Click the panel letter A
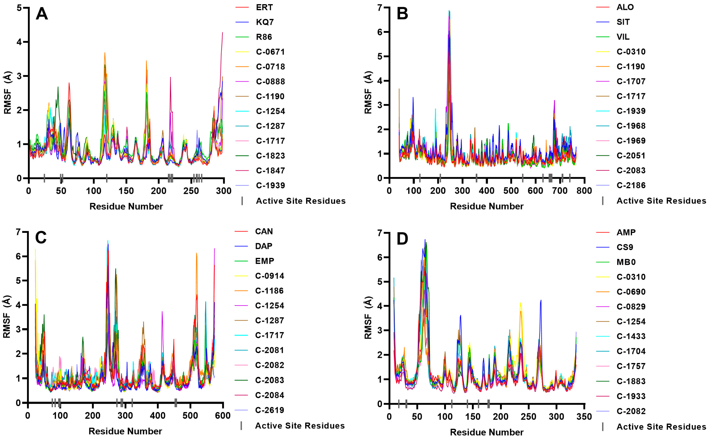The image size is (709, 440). point(42,14)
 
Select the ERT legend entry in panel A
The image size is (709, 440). point(264,7)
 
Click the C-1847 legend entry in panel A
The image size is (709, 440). point(270,171)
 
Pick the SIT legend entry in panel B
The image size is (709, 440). point(623,22)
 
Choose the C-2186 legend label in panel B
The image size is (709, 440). point(631,185)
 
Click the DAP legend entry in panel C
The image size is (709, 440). point(263,246)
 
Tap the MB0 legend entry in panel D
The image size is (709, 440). point(626,262)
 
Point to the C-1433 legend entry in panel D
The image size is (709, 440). point(631,336)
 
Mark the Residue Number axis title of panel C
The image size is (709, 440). point(125,431)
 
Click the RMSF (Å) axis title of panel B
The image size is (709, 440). point(368,92)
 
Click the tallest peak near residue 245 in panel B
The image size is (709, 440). point(449,11)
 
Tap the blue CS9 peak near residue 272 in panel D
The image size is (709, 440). point(541,300)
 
